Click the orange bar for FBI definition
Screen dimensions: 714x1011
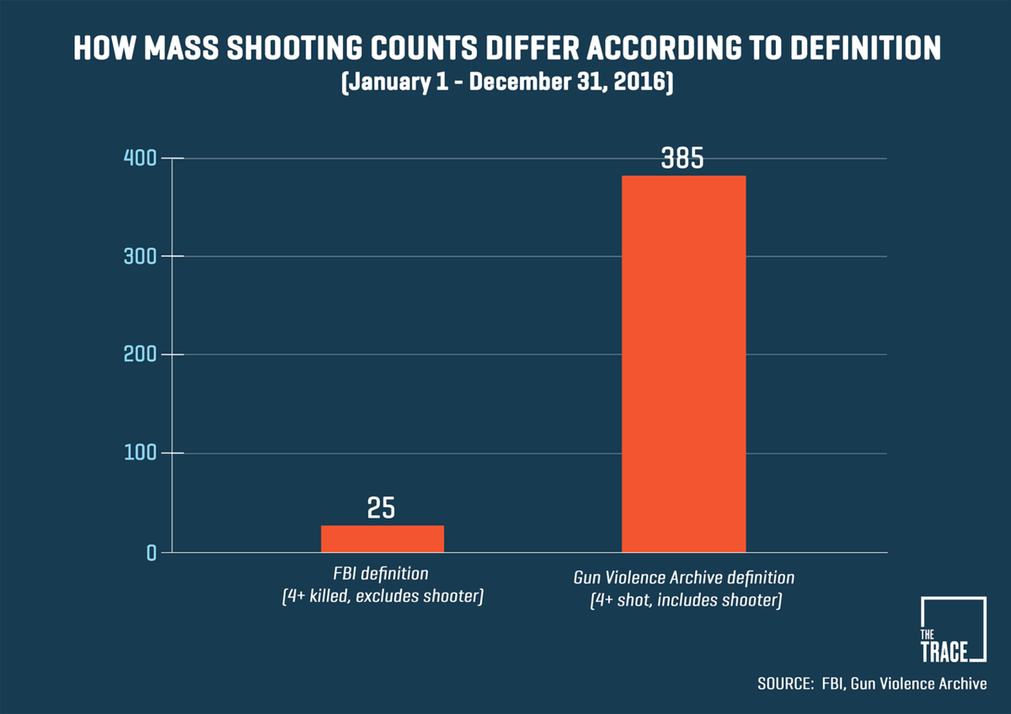pyautogui.click(x=382, y=539)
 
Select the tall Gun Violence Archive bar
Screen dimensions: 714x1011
pyautogui.click(x=683, y=364)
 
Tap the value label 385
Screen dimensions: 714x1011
pyautogui.click(x=682, y=159)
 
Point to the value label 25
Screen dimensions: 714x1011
pyautogui.click(x=381, y=509)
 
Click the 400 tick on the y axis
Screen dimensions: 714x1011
pyautogui.click(x=141, y=158)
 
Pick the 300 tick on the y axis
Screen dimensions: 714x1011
pyautogui.click(x=141, y=256)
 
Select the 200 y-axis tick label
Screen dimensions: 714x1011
pyautogui.click(x=141, y=354)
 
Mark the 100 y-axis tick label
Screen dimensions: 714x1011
pyautogui.click(x=141, y=453)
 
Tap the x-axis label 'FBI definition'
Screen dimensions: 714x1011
pyautogui.click(x=382, y=574)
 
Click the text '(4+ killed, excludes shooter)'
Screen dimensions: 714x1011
pyautogui.click(x=382, y=599)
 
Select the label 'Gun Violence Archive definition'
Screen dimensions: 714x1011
pyautogui.click(x=684, y=578)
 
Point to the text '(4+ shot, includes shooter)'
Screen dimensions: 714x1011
pyautogui.click(x=684, y=601)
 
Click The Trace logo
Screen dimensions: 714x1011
pyautogui.click(x=954, y=630)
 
